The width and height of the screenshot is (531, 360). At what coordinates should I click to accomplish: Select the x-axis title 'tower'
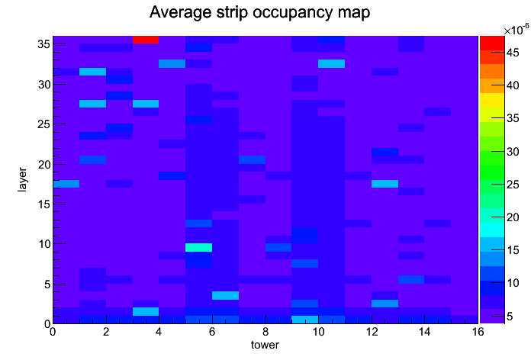(265, 345)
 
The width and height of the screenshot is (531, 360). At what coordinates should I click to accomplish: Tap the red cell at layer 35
(146, 40)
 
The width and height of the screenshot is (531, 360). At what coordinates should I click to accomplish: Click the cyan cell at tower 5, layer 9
(198, 247)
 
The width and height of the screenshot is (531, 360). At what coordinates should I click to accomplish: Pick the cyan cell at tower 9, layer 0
(305, 319)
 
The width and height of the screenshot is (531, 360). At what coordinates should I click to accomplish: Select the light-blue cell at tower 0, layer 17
(66, 183)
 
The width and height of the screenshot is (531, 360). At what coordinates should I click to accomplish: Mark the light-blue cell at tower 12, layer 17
(385, 183)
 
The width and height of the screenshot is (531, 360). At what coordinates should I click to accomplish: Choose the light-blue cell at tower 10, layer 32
(332, 63)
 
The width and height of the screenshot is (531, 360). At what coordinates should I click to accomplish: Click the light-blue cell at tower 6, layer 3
(225, 295)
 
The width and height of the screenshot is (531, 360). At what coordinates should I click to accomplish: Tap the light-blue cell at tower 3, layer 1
(146, 311)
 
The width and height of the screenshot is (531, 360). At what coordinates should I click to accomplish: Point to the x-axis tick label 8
(265, 333)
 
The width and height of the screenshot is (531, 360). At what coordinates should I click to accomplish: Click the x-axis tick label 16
(477, 333)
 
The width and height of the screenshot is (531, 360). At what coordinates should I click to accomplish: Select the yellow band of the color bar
(491, 99)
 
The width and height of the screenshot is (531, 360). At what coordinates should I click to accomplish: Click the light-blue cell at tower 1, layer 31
(92, 72)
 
